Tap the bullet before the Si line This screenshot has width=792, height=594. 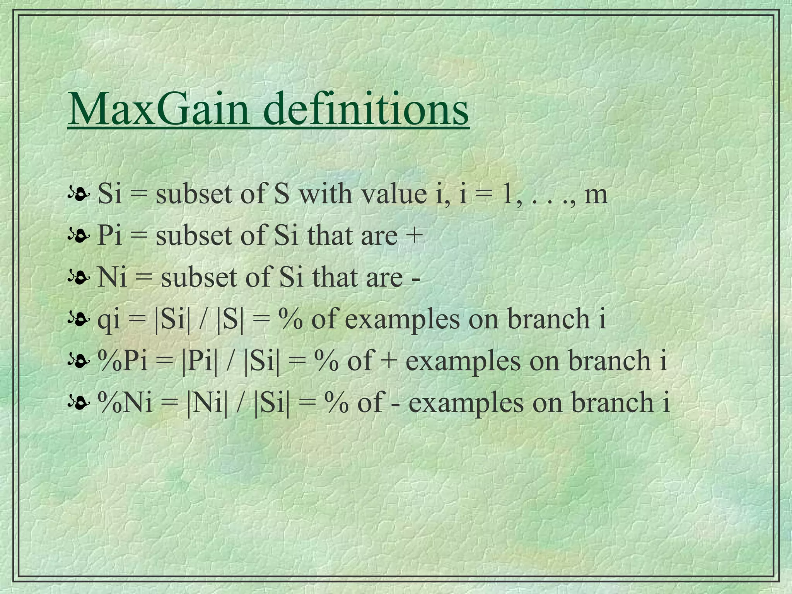[79, 193]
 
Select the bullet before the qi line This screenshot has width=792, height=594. [79, 319]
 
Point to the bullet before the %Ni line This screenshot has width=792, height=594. [79, 403]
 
